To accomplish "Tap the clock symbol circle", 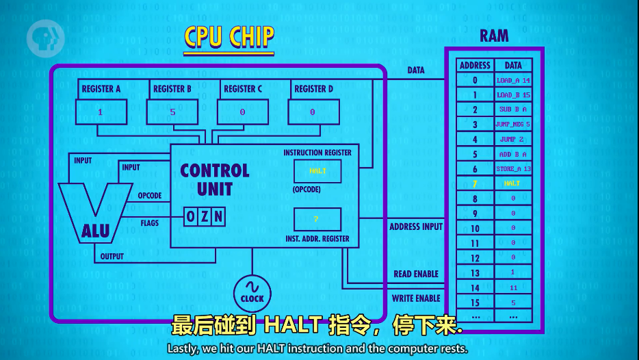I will tap(252, 293).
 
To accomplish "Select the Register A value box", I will tap(101, 112).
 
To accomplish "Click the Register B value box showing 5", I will tap(172, 112).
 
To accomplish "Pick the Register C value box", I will tap(242, 112).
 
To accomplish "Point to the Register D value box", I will tap(313, 112).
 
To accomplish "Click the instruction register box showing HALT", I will tap(317, 171).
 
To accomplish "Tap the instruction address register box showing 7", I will tap(317, 219).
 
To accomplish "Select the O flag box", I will tap(191, 217).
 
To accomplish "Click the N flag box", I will tap(218, 217).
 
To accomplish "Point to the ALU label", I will tap(95, 232).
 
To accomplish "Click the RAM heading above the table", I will tap(493, 36).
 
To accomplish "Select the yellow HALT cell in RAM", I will tap(512, 183).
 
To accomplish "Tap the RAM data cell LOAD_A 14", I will tap(512, 80).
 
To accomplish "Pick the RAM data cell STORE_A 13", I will tap(512, 168).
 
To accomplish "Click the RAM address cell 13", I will tap(475, 272).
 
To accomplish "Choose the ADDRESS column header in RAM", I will tap(475, 65).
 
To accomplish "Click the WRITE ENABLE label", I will tap(416, 298).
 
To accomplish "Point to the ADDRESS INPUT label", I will tap(416, 227).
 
